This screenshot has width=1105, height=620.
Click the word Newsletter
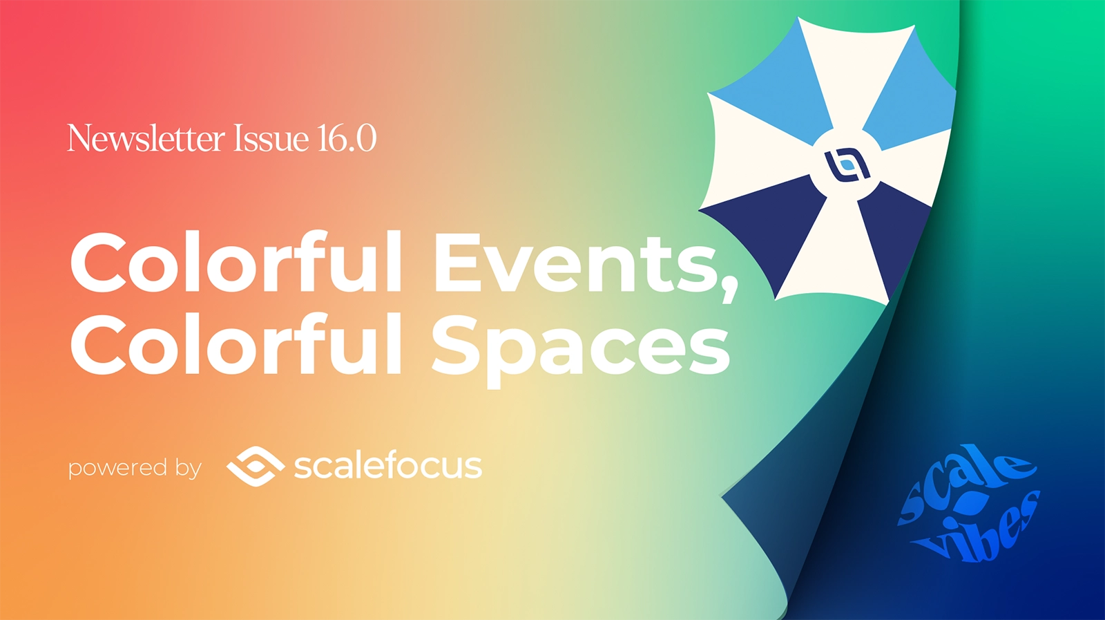146,138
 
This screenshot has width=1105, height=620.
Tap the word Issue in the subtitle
271,138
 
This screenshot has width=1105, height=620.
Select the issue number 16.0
347,138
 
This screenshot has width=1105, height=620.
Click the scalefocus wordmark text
387,465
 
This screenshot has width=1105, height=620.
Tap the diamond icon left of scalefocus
256,466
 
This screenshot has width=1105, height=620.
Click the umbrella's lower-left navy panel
767,221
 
